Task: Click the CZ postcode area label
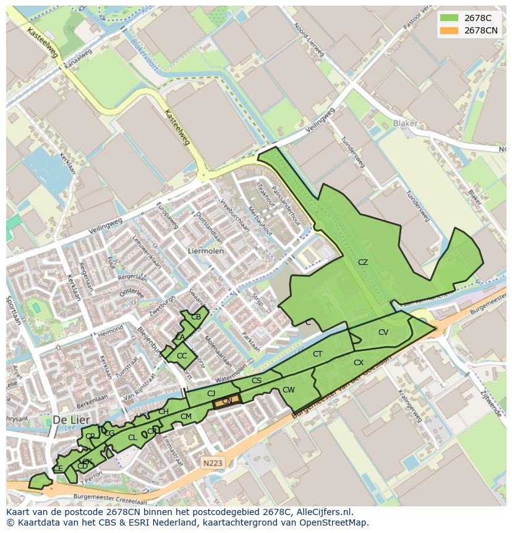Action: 363,262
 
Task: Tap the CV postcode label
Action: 383,332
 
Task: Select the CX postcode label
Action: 359,363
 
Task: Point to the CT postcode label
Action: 318,354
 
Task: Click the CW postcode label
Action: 289,390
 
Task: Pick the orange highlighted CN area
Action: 227,402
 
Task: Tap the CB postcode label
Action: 196,317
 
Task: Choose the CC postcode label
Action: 182,356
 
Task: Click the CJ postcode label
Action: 211,394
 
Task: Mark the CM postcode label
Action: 186,417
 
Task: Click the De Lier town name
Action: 68,419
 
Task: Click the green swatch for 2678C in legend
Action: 449,17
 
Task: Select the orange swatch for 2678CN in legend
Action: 449,30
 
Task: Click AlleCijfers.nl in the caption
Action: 322,512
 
